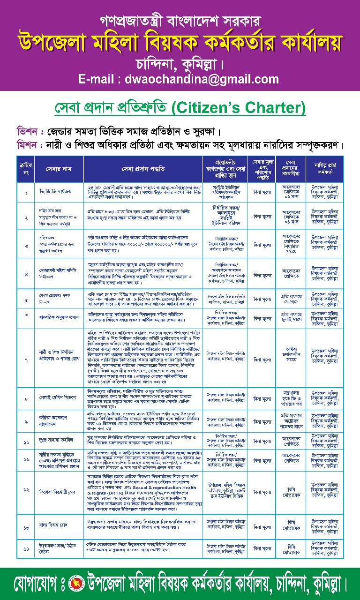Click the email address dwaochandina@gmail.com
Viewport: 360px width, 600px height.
pos(179,79)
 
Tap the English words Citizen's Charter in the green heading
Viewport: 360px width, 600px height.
pos(238,108)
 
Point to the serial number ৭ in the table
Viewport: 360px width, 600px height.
pos(26,360)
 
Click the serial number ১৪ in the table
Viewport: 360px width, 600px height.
pos(26,548)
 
